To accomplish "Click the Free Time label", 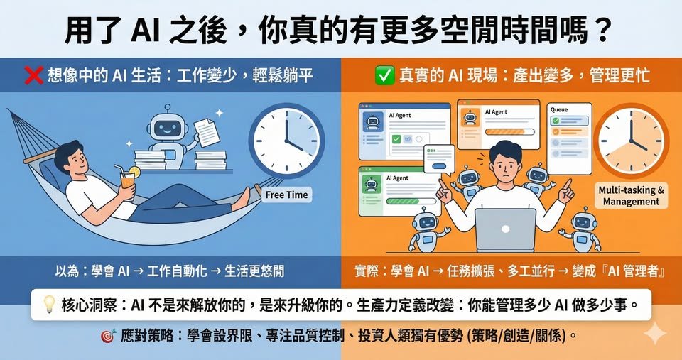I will point(286,195).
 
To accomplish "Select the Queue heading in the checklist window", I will point(559,111).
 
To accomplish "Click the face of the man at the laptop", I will point(505,164).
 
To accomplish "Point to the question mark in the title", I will point(601,30).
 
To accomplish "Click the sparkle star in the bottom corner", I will point(654,334).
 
